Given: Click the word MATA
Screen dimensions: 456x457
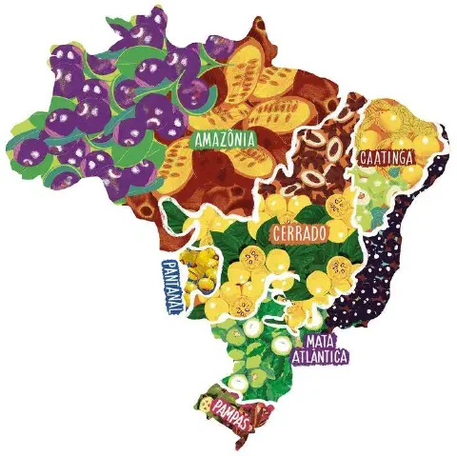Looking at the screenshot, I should point(316,341).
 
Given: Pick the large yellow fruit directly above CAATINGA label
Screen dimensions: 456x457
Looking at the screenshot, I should point(390,119).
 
